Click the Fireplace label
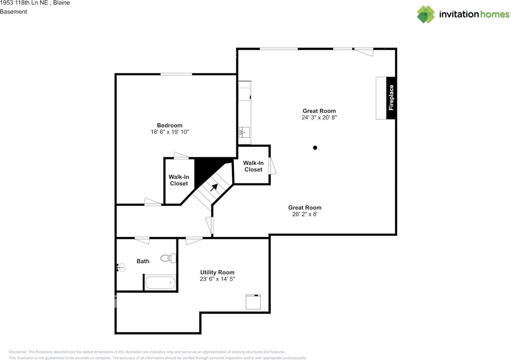click(391, 98)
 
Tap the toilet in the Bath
click(168, 258)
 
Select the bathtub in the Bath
click(160, 283)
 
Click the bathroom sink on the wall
click(121, 267)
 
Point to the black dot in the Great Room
click(315, 148)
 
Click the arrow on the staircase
click(214, 187)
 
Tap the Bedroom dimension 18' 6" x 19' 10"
click(170, 132)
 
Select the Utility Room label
click(217, 272)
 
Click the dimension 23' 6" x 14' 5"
click(217, 279)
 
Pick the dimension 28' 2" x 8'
click(305, 214)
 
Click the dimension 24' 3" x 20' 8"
click(319, 117)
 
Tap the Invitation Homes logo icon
click(426, 14)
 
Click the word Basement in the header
click(14, 12)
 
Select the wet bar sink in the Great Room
click(244, 133)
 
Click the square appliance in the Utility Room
click(253, 302)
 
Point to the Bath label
click(143, 261)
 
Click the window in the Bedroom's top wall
click(176, 74)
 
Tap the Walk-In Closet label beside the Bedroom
click(179, 180)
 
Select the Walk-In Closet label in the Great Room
click(253, 166)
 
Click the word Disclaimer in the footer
click(18, 352)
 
